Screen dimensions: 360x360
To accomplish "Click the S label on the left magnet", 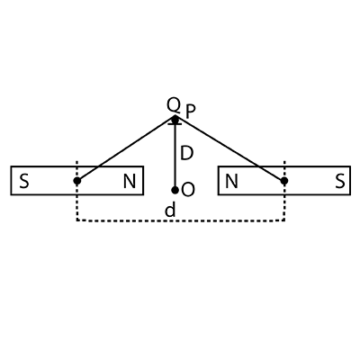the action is coord(24,182).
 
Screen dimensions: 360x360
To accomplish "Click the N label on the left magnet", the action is coord(130,182).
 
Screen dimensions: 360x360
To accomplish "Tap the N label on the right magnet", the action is coord(231,182).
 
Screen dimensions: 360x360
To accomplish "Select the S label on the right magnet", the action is coord(340,182).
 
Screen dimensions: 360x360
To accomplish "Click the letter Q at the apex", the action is coord(174,105).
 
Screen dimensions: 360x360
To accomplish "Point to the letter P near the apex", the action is coord(191,112).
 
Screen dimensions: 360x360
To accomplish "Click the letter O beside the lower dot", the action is coord(188,190).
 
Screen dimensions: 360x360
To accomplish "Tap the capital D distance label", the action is coord(186,153).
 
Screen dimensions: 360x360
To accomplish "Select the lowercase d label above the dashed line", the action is coord(170,210).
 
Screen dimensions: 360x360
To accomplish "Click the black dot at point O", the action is coord(175,190).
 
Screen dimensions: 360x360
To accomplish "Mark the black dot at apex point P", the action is coord(175,119).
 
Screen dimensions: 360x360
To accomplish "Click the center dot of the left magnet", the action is coord(77,181).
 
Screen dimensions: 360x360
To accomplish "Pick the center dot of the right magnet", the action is coord(284,181).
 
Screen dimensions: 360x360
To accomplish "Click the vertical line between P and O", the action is coord(175,155).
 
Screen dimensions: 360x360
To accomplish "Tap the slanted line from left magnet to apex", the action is coord(126,148).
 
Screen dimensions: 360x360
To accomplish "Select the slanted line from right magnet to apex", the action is coord(229,148).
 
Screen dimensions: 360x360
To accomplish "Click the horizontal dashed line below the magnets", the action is coord(181,220).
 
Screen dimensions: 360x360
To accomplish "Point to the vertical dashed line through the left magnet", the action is coord(77,191).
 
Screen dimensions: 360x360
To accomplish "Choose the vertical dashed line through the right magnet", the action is coord(284,191).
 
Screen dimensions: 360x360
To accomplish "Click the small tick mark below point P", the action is coord(175,123).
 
